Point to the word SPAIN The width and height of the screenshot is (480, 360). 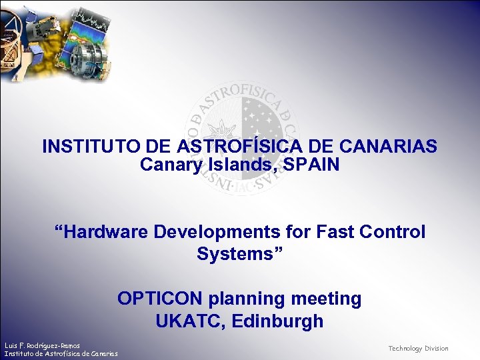click(313, 164)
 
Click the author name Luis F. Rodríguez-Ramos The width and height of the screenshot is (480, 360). click(42, 345)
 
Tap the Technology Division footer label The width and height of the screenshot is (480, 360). click(418, 349)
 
